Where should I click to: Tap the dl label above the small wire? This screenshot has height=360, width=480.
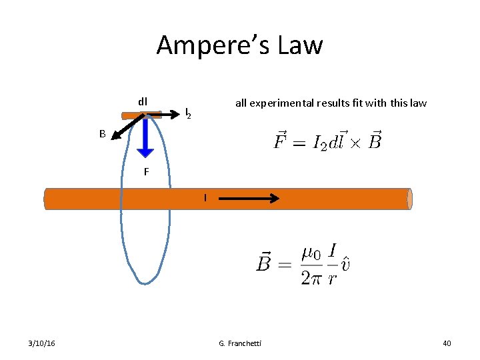(x=142, y=102)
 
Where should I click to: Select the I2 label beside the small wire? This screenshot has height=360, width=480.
(x=188, y=114)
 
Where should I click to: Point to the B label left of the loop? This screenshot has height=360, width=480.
(x=103, y=133)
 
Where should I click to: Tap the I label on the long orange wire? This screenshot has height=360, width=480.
(x=205, y=197)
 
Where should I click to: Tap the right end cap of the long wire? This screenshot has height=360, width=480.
(x=409, y=199)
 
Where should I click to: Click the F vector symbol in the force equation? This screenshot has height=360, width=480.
(x=281, y=141)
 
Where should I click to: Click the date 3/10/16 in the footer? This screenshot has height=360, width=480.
(x=42, y=343)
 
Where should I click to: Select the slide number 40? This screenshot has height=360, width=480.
(x=447, y=343)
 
